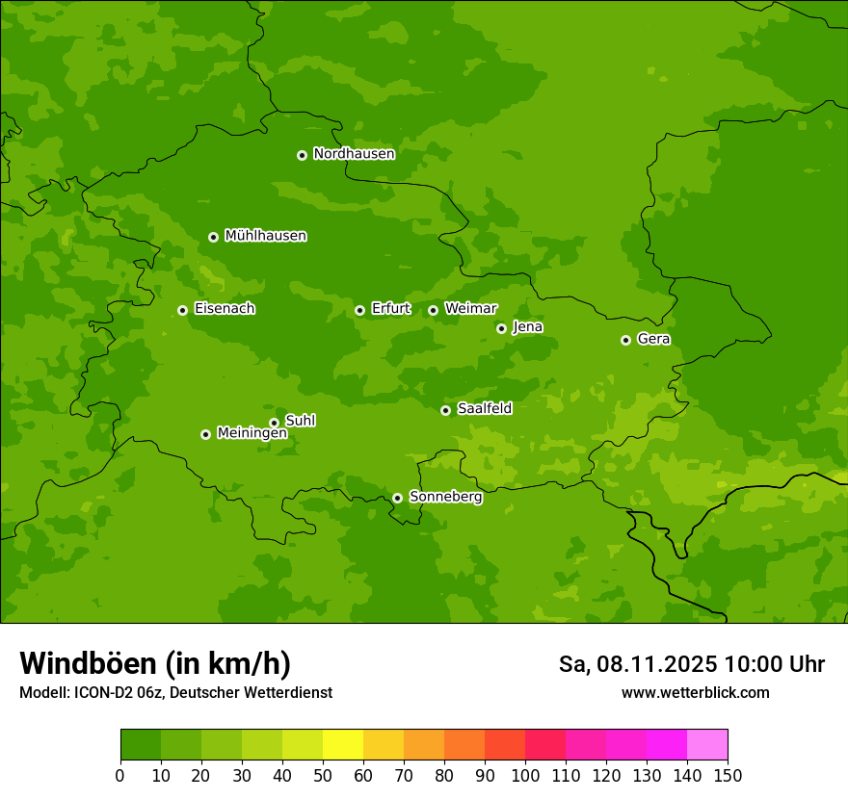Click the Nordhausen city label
point(354,154)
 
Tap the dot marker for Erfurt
point(359,310)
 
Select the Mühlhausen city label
point(265,236)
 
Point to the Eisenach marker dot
point(182,310)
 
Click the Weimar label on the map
point(470,309)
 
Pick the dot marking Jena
point(501,328)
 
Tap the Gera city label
point(653,339)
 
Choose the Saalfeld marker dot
point(445,410)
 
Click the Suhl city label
point(300,421)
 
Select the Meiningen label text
point(252,434)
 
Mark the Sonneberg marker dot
point(397,498)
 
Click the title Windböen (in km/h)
point(155,663)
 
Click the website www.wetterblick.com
point(695,692)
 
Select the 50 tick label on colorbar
point(323,775)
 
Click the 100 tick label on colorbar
point(525,775)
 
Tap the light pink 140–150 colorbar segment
point(707,745)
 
